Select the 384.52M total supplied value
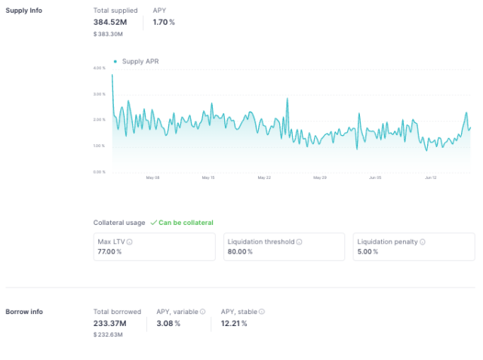110,22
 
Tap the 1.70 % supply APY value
163,22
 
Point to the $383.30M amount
108,33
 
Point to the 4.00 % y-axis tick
99,68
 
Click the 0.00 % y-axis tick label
99,171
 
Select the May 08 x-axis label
152,178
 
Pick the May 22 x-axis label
263,178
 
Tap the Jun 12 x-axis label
430,178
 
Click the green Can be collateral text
186,223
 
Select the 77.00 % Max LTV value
109,251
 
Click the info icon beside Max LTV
130,242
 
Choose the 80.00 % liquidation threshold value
239,251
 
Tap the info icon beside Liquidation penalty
423,242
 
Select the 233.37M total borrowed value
110,323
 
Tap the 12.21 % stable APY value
234,323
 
